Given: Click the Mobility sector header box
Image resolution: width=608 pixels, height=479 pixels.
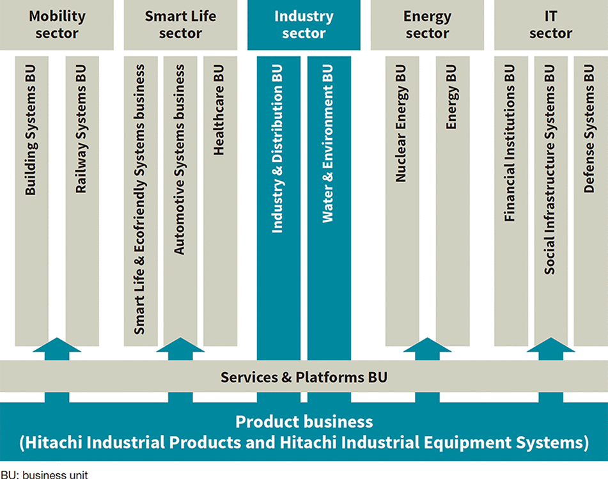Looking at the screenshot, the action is [57, 25].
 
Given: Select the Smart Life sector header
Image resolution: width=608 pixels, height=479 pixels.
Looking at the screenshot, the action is [180, 25].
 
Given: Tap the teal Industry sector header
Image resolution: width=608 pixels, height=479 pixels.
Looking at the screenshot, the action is [304, 25].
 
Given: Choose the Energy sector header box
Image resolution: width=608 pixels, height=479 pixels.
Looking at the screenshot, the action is [427, 25].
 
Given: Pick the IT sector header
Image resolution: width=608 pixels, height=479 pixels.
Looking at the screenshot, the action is [551, 25].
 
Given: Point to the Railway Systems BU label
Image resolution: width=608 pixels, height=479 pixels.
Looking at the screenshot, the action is [81, 129].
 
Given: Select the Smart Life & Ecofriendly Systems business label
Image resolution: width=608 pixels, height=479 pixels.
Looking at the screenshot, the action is [139, 200].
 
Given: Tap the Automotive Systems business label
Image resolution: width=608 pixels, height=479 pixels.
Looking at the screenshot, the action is [179, 159].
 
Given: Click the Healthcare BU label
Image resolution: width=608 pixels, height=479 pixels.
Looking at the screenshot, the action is [219, 110].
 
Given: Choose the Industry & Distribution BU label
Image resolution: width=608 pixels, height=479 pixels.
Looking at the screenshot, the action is [277, 149].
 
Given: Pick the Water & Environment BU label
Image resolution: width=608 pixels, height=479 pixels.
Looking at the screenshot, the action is [328, 143].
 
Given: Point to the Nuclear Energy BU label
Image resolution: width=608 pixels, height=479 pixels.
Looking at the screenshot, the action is [401, 123].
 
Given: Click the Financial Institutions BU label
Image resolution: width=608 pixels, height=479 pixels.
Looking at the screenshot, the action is [510, 143].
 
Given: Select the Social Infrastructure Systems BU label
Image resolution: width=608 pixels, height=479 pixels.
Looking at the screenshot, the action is [550, 169].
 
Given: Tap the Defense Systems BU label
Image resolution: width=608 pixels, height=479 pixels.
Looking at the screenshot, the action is [589, 129].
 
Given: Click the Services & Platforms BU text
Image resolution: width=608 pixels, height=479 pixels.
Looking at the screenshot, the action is [304, 377].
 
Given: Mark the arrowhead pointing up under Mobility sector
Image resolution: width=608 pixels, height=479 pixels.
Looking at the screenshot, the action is [57, 345].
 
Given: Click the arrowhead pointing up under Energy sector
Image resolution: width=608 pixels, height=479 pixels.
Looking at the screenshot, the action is [427, 345].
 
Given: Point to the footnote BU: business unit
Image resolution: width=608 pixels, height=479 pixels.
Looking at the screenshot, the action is [44, 475].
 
